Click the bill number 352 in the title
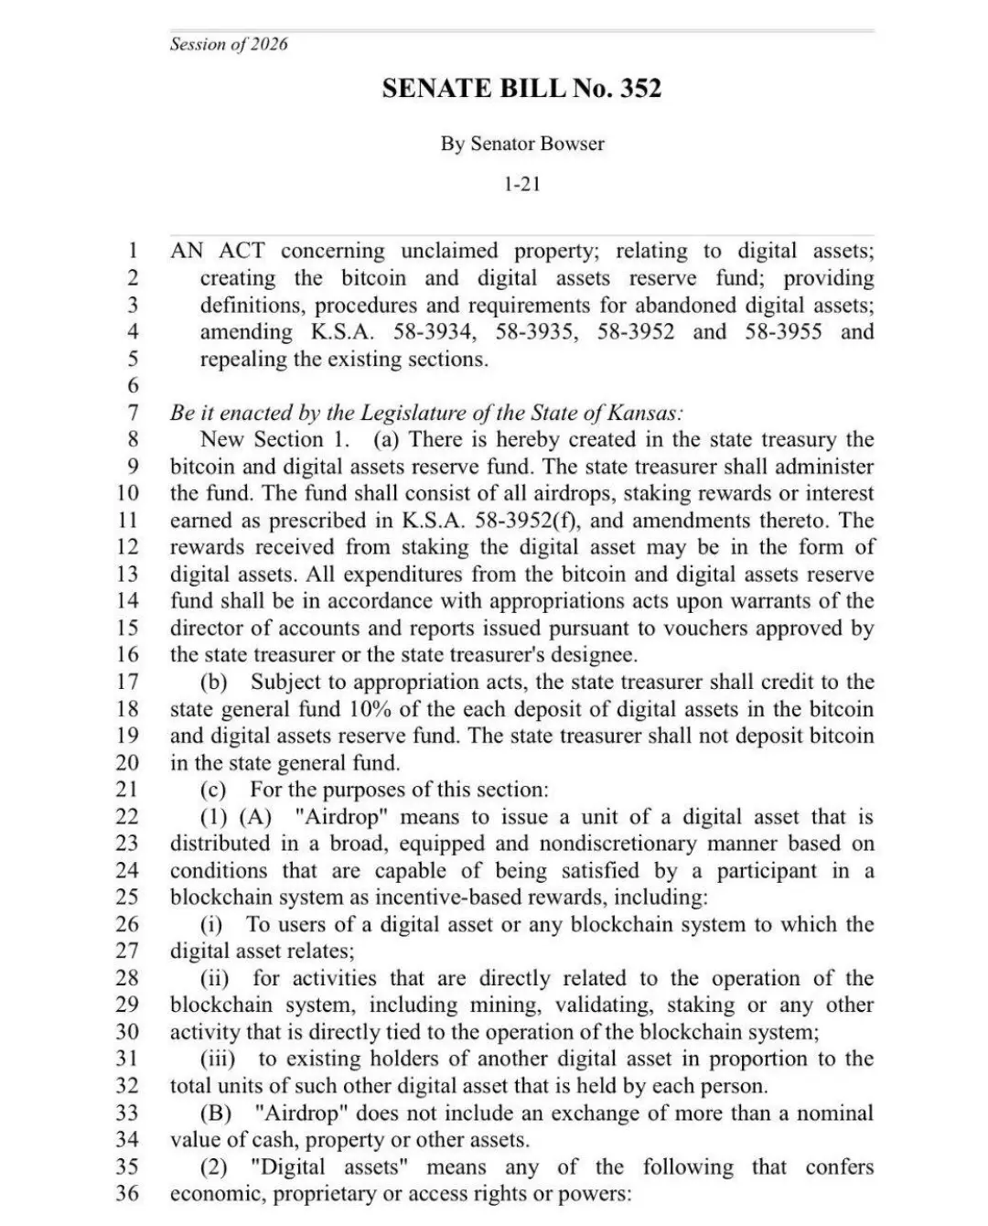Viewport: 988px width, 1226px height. (640, 89)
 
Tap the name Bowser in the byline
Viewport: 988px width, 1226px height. (572, 144)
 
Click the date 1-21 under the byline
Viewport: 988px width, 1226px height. (522, 184)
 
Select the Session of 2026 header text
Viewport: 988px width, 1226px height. (229, 44)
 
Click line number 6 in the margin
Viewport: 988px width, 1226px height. (133, 385)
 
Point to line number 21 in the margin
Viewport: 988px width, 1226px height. (127, 789)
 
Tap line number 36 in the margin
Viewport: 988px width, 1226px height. (127, 1193)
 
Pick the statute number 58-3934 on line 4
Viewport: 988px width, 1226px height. (431, 331)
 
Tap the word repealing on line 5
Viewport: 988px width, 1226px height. (242, 359)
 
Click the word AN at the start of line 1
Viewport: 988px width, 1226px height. (187, 251)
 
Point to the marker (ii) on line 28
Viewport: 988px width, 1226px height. (215, 978)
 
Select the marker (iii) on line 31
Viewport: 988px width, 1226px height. (218, 1059)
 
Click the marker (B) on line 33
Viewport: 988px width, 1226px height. (216, 1113)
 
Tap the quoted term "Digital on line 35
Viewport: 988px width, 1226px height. (288, 1167)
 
